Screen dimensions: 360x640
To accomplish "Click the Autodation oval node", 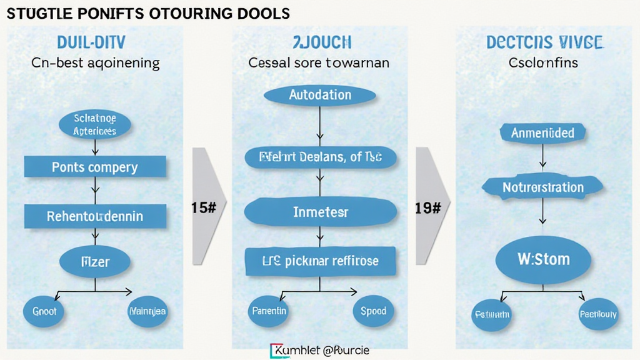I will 320,96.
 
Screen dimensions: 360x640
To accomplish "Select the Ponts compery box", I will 95,167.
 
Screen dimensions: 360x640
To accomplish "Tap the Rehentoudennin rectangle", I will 95,216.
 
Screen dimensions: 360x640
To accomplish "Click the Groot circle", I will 44,311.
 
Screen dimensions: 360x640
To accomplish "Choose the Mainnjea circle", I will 147,311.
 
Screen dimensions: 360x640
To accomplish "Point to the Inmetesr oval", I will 321,212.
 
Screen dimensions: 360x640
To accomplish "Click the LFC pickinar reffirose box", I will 321,260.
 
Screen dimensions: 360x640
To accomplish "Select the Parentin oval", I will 269,311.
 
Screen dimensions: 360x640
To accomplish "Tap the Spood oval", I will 373,311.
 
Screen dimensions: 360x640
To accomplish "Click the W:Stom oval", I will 543,259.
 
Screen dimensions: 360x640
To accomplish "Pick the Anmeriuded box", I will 543,132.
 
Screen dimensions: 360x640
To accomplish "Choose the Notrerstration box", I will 543,187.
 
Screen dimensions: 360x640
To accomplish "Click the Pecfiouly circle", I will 598,314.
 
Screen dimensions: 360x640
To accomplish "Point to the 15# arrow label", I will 204,208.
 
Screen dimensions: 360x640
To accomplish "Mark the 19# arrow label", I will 428,208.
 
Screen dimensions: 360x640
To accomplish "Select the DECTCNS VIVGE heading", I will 544,43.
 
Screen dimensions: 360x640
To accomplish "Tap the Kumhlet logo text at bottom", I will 320,351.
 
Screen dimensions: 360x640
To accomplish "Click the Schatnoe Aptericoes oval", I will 95,124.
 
